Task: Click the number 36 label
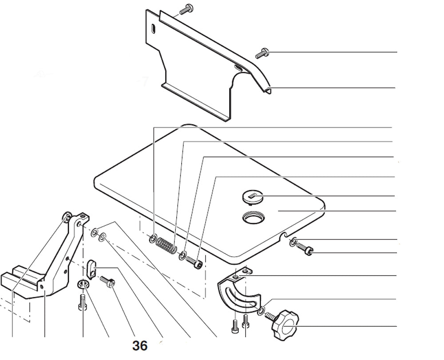pos(140,346)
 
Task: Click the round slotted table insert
pos(253,197)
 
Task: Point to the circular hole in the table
pos(254,218)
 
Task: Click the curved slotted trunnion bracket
pos(240,290)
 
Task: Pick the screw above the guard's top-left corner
pos(186,9)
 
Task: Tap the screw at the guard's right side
pos(262,53)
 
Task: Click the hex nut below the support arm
pos(83,284)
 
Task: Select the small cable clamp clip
pos(91,268)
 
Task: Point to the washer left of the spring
pos(153,238)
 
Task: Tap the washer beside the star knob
pos(261,311)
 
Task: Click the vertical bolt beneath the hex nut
pos(82,303)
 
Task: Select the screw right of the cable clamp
pos(107,282)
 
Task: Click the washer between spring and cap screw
pos(182,256)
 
